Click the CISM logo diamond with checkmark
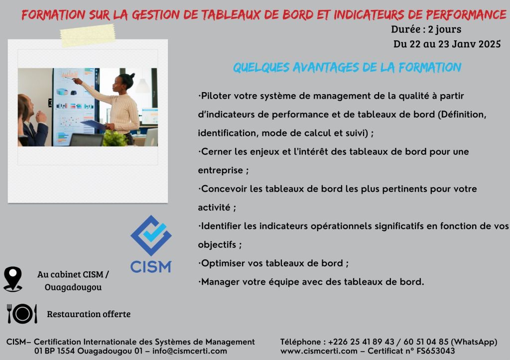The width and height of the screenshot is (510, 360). [x=151, y=236]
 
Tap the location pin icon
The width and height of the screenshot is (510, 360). [x=12, y=279]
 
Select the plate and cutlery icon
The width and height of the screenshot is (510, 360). [x=22, y=314]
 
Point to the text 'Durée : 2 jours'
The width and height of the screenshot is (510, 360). [x=426, y=29]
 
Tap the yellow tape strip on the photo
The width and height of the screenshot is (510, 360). [x=88, y=35]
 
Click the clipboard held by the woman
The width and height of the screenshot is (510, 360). [x=94, y=125]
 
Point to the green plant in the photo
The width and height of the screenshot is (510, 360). [x=115, y=139]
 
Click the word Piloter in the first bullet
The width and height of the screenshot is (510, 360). [x=216, y=96]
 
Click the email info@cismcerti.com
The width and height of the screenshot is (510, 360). [x=190, y=351]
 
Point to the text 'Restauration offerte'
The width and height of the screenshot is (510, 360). [x=89, y=314]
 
